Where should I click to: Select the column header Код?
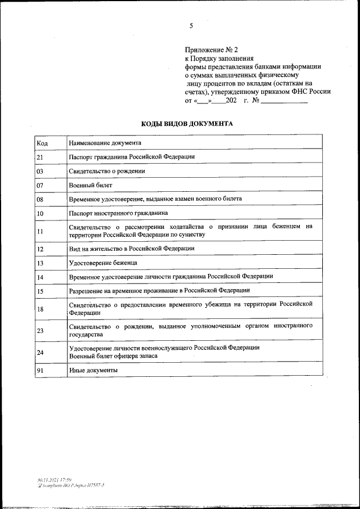[x=42, y=143]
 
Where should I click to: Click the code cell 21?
[x=40, y=157]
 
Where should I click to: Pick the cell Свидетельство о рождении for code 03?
[x=107, y=171]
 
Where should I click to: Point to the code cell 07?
[x=40, y=185]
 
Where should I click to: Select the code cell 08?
[x=40, y=199]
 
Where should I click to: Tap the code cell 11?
[x=40, y=231]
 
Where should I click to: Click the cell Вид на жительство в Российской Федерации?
[x=132, y=248]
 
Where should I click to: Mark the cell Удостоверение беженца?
[x=103, y=263]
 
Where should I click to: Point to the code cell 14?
[x=40, y=277]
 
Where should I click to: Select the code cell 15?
[x=40, y=291]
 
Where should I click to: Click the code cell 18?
[x=40, y=308]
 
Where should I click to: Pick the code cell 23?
[x=40, y=330]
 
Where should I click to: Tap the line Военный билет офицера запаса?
[x=113, y=356]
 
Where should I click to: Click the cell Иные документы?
[x=93, y=371]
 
